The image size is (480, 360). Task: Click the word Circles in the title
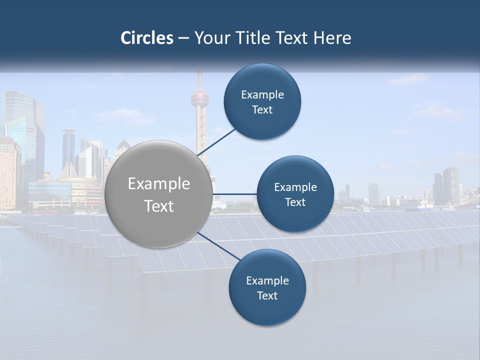147,38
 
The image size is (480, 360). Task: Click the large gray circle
159,194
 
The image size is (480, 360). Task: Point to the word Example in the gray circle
159,184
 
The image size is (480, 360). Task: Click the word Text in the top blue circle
262,110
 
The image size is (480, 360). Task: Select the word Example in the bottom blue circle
267,281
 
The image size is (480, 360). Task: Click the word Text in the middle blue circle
295,202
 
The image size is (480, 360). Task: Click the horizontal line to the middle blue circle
235,194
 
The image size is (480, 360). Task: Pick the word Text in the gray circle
159,206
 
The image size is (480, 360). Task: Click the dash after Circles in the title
183,38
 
